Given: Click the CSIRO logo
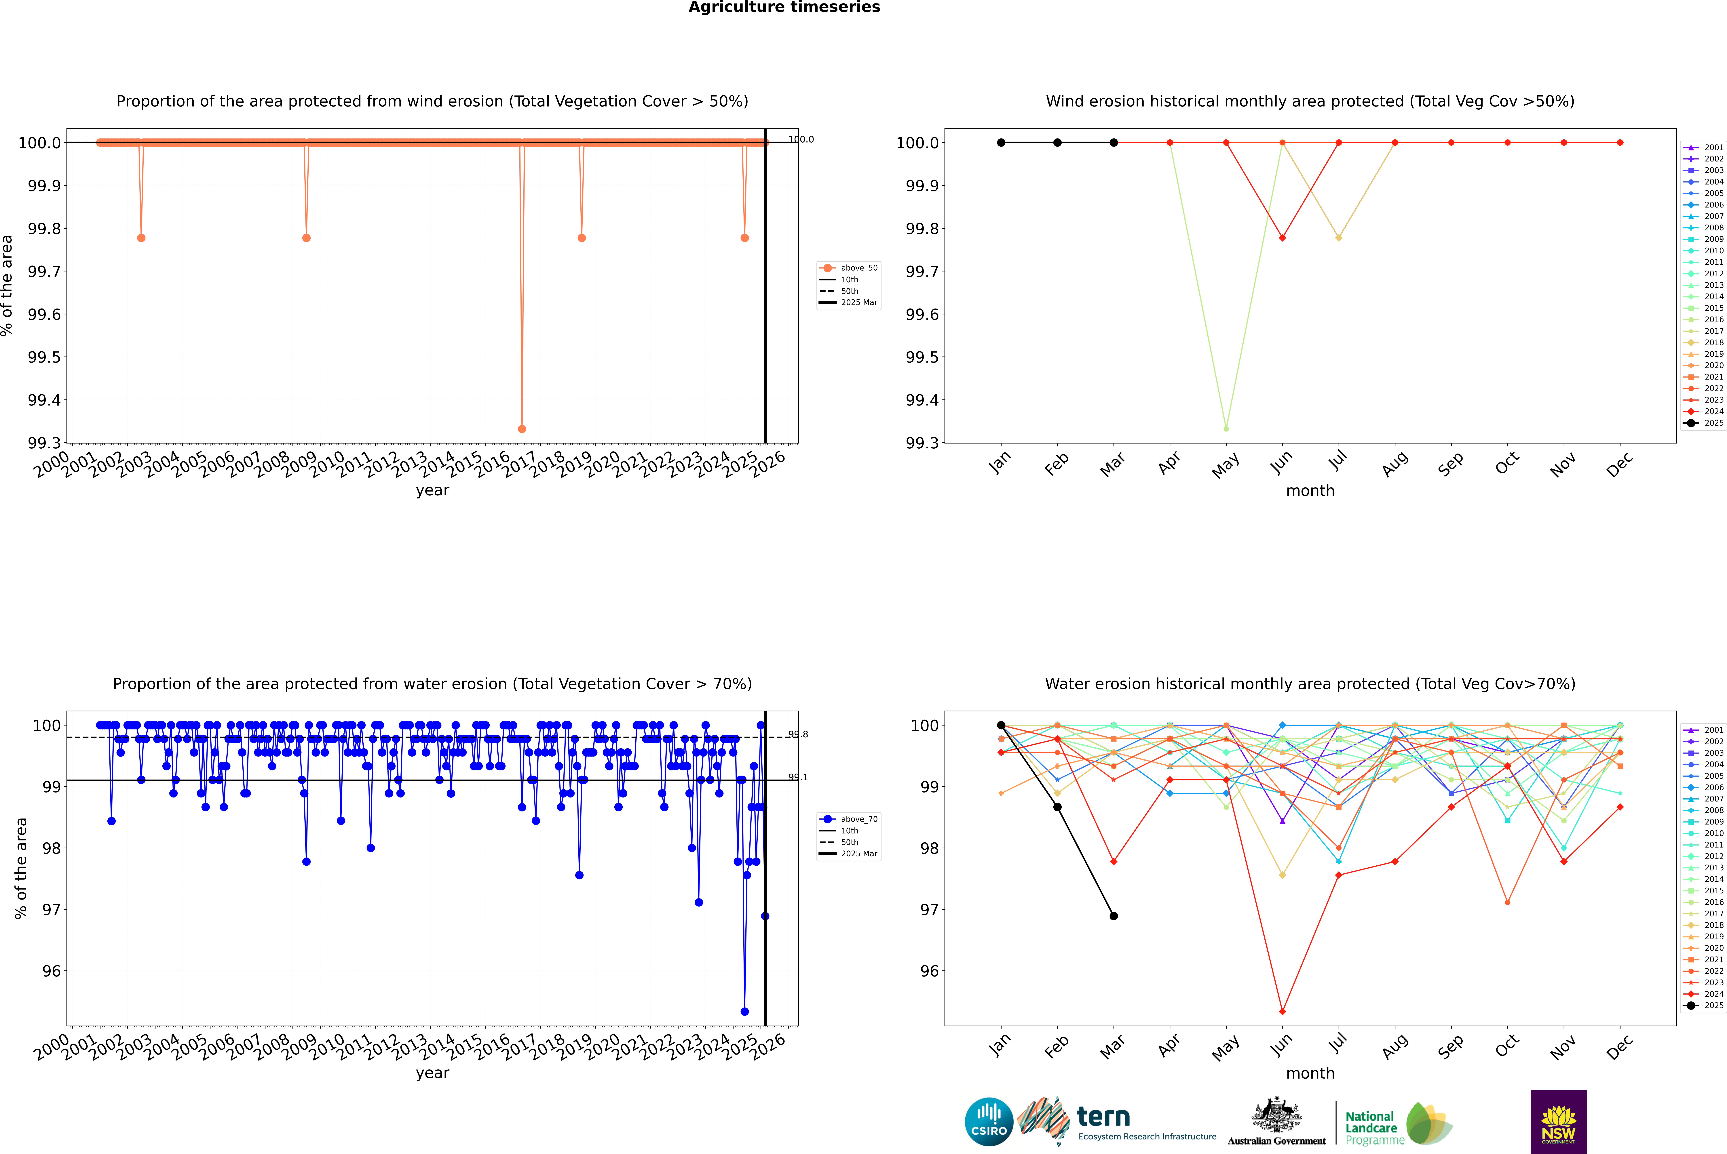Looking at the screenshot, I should [x=989, y=1122].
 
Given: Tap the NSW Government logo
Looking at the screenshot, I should [x=1558, y=1122].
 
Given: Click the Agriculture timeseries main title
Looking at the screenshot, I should [x=784, y=7].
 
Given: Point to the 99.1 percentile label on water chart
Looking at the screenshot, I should [x=798, y=777].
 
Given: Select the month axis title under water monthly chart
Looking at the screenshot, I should [x=1310, y=1073].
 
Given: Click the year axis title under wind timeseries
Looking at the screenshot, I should [x=432, y=490].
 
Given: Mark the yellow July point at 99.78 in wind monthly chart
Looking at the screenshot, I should [x=1338, y=238].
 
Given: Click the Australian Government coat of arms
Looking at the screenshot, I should [x=1276, y=1114].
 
